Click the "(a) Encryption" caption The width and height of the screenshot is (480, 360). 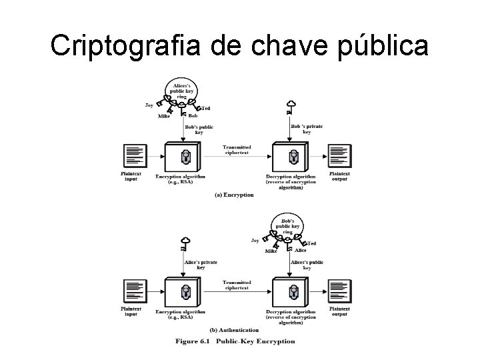click(x=234, y=195)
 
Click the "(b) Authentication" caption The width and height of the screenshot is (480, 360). click(x=234, y=329)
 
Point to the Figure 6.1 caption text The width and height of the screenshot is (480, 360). click(x=235, y=341)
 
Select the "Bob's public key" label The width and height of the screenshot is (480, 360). click(x=199, y=129)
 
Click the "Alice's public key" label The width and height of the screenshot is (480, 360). click(x=307, y=265)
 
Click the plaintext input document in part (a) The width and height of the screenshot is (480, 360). click(x=134, y=156)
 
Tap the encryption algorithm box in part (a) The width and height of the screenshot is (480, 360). click(x=184, y=157)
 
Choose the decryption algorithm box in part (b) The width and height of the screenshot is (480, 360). click(x=291, y=291)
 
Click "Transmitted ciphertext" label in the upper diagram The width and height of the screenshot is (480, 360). click(x=237, y=149)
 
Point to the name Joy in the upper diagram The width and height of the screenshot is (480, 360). click(x=149, y=105)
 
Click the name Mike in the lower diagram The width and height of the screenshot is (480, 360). click(x=271, y=251)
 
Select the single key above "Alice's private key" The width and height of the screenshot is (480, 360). click(x=183, y=243)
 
